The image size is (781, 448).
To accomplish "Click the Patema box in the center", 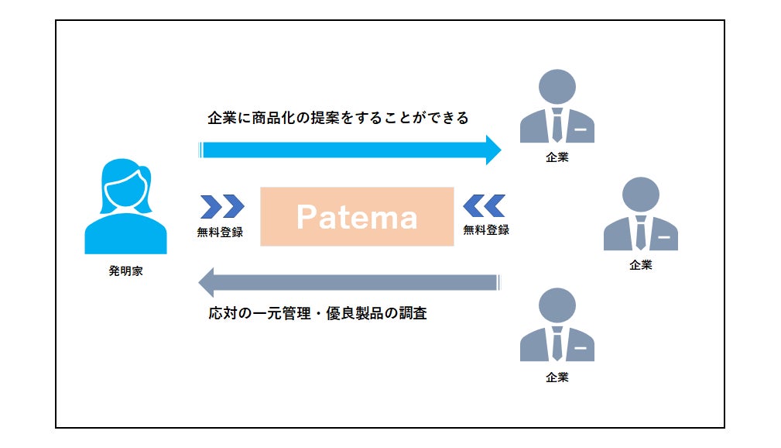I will point(357,217).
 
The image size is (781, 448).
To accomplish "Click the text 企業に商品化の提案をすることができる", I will point(338,118).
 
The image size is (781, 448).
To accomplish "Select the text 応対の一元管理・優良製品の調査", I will point(317,315).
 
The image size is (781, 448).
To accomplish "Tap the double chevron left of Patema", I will point(222,206).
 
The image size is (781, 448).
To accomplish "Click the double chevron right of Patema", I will point(484,206).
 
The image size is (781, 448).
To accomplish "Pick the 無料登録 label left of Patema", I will point(221,231).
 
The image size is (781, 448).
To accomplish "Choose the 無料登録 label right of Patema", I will point(486,230).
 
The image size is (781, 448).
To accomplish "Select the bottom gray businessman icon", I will point(557,325).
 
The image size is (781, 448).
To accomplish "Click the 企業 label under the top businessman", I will point(557,159).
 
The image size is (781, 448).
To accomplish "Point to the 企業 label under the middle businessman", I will point(640,265).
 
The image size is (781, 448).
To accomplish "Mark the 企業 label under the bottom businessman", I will point(557,377).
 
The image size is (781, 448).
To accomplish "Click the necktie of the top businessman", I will point(557,125).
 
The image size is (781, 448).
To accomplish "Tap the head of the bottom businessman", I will point(557,304).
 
